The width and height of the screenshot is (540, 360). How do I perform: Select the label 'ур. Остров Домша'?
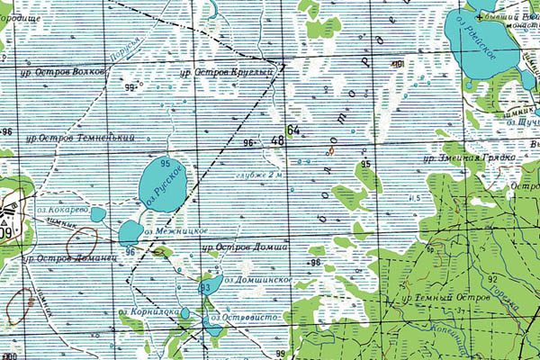[245, 247]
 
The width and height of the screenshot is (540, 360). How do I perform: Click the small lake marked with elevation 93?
[206, 288]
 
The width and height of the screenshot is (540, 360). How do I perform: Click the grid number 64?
[292, 131]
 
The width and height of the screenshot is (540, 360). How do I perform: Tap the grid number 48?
[276, 140]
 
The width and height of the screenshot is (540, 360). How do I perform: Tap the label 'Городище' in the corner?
[22, 5]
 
